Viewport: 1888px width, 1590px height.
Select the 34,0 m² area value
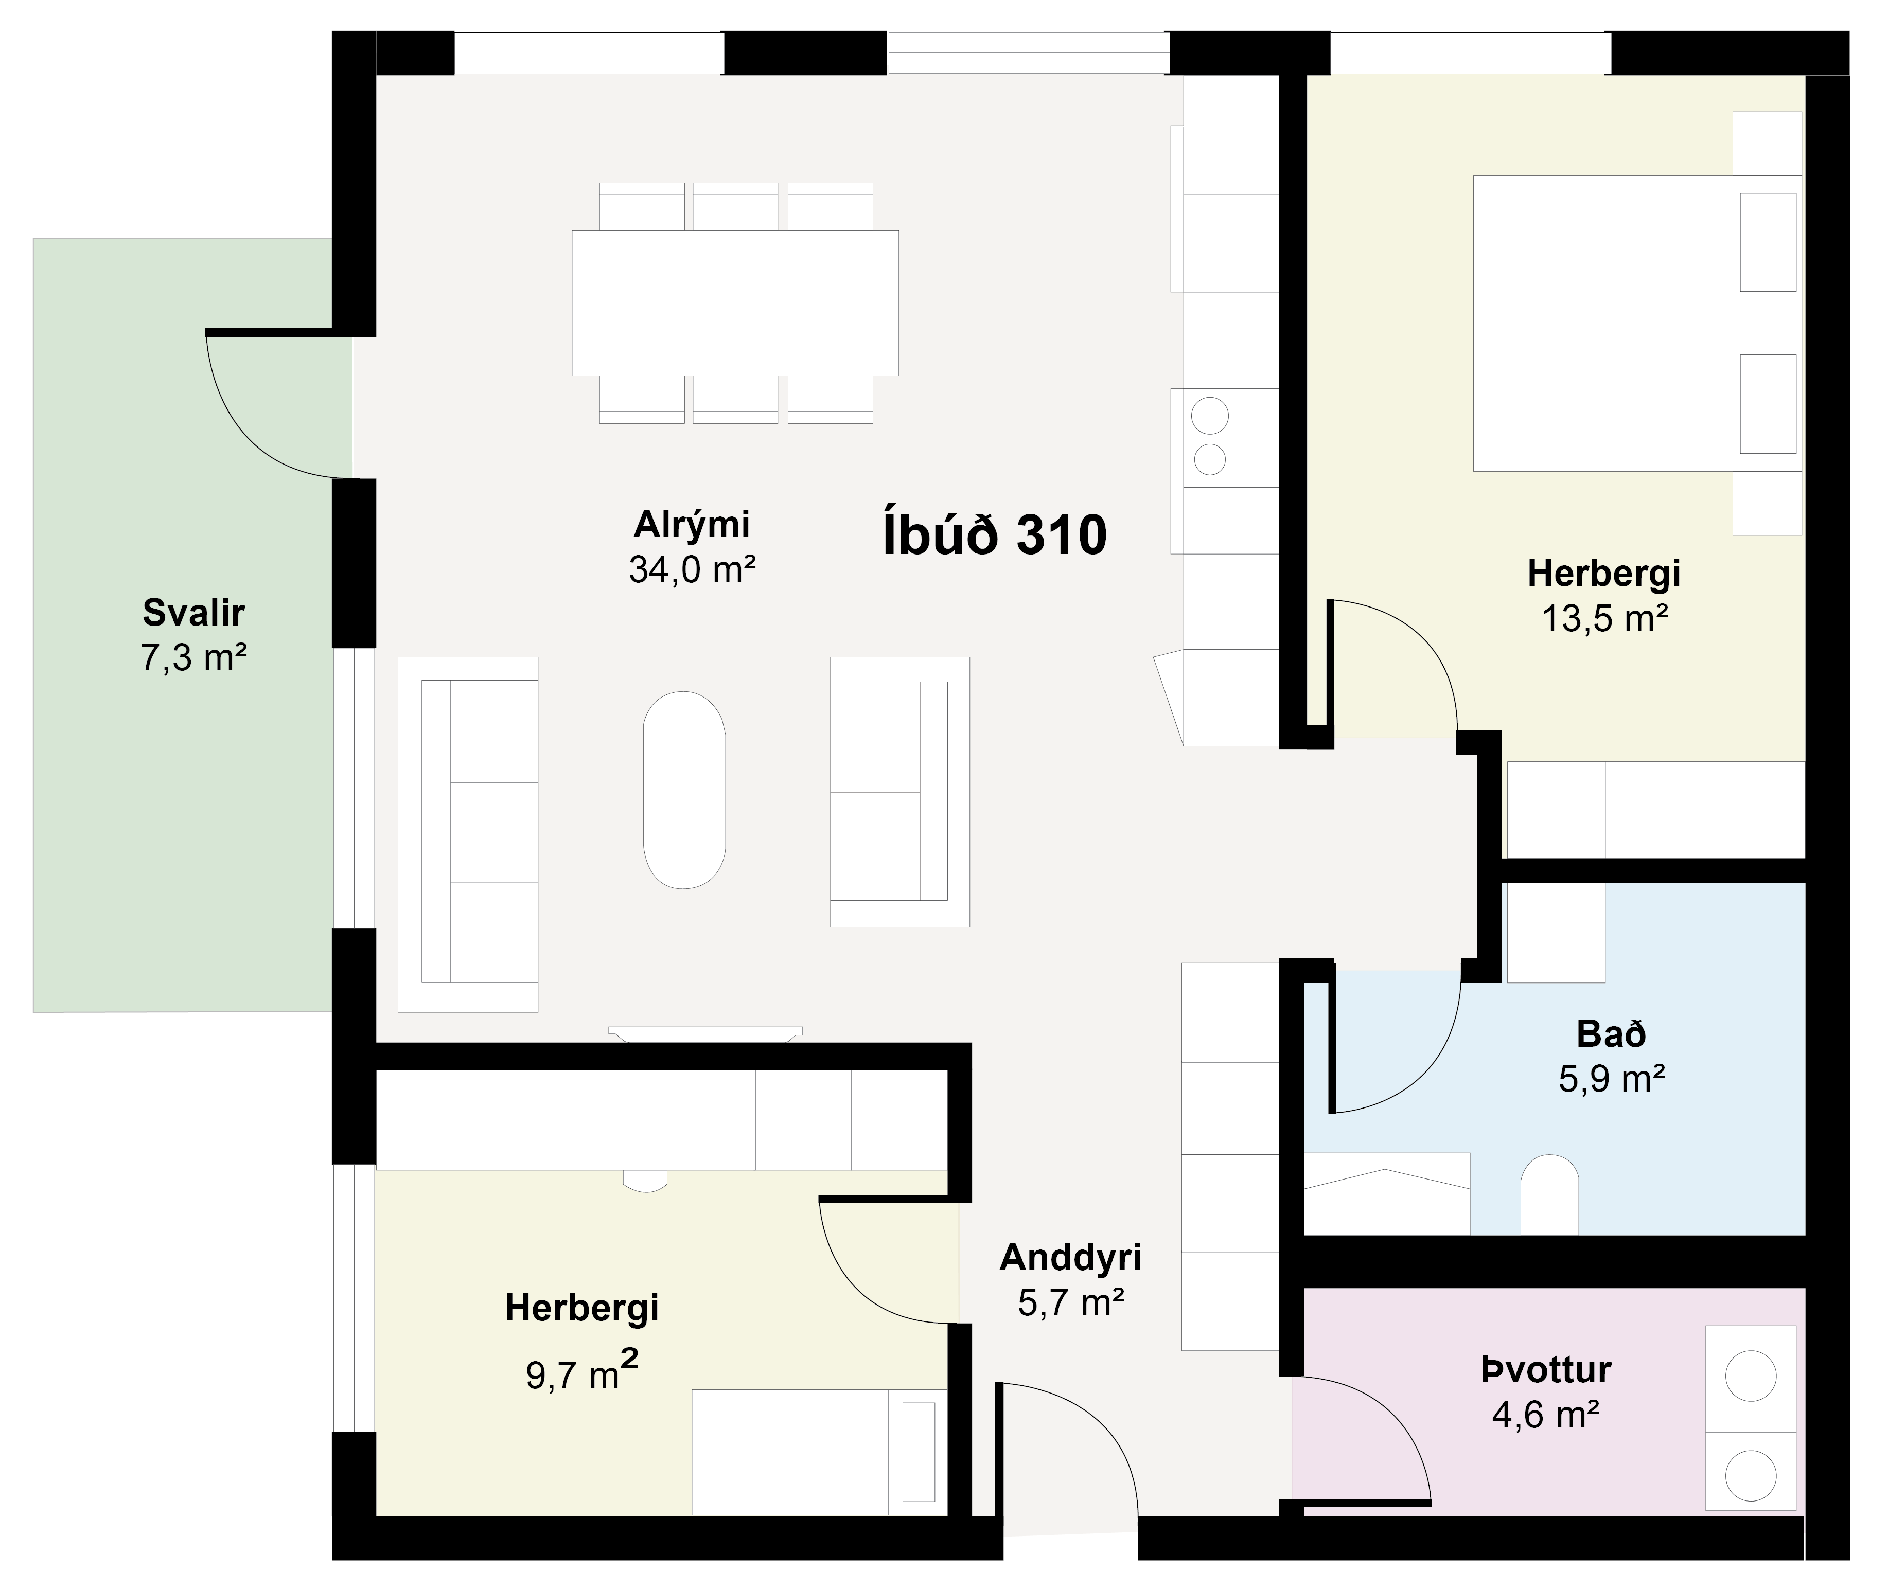click(692, 569)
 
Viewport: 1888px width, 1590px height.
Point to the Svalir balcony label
click(194, 613)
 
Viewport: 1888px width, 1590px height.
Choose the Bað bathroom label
click(1611, 1034)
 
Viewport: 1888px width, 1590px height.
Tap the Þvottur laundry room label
click(1545, 1370)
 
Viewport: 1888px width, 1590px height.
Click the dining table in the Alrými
click(735, 303)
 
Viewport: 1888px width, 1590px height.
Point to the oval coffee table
click(684, 791)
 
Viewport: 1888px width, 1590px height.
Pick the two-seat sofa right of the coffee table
click(900, 791)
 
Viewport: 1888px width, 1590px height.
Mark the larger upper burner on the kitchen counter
click(1210, 416)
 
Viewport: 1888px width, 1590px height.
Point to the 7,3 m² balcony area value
click(194, 658)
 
